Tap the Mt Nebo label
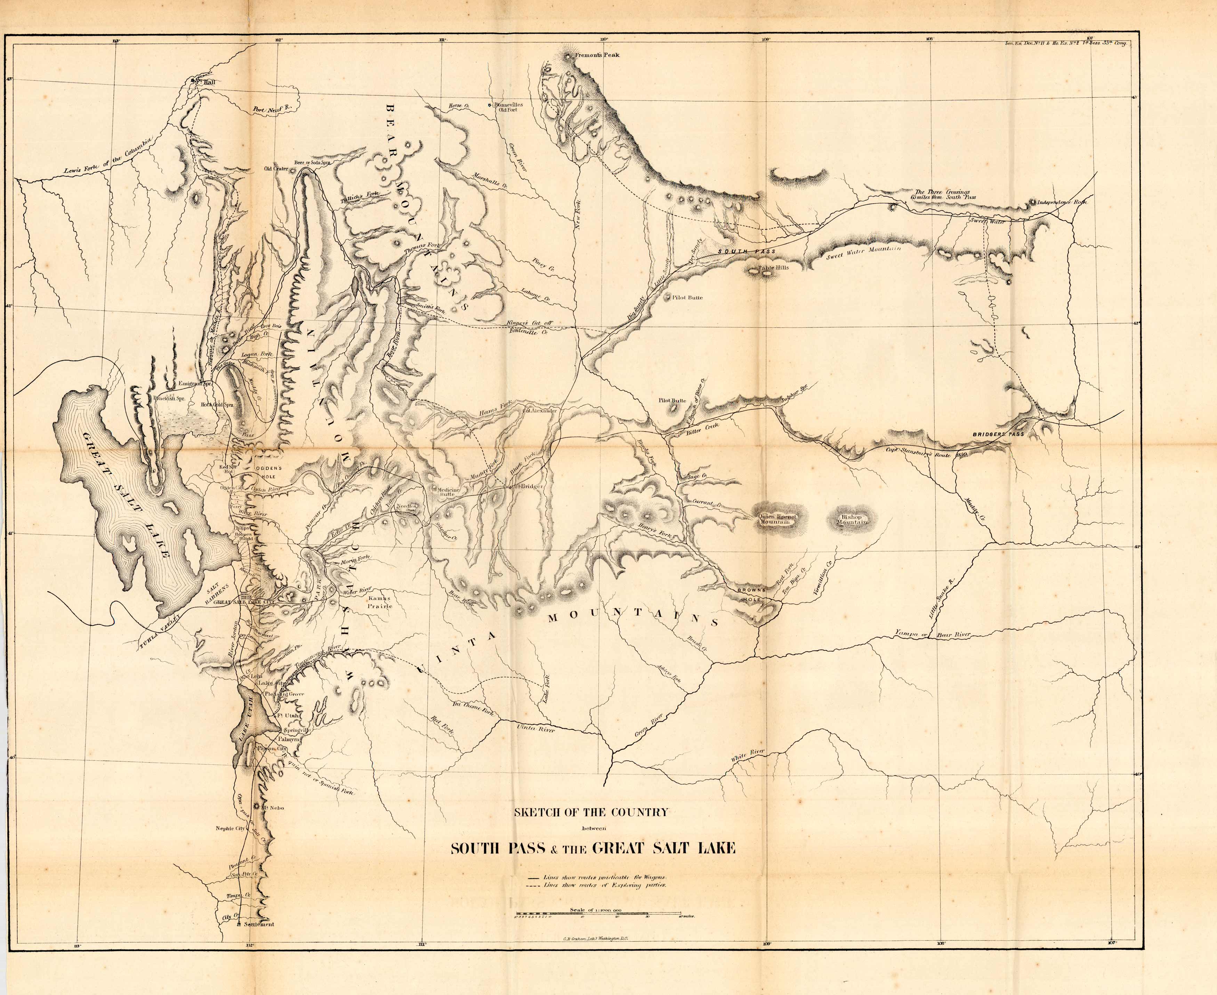point(273,808)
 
